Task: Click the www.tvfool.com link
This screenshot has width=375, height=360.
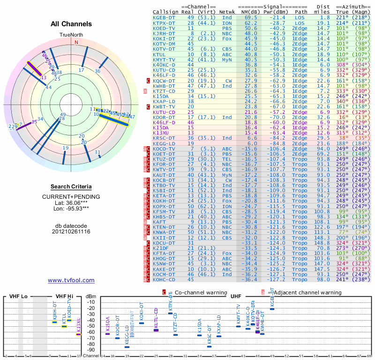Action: (71, 280)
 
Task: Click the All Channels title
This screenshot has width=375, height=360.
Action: (71, 24)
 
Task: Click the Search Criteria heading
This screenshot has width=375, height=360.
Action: (71, 187)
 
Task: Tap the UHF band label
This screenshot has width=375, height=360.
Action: (235, 296)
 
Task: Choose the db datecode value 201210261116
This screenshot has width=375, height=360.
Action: (71, 232)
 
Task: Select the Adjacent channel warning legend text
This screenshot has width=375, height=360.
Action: (307, 292)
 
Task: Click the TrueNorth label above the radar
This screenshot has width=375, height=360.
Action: (71, 35)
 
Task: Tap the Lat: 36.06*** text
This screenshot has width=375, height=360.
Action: (71, 202)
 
